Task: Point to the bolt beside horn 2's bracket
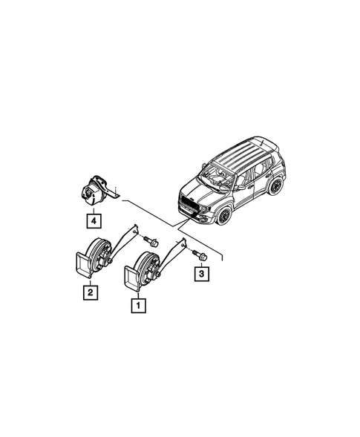tap(152, 240)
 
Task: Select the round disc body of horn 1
tap(145, 266)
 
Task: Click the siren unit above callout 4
tap(94, 191)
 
